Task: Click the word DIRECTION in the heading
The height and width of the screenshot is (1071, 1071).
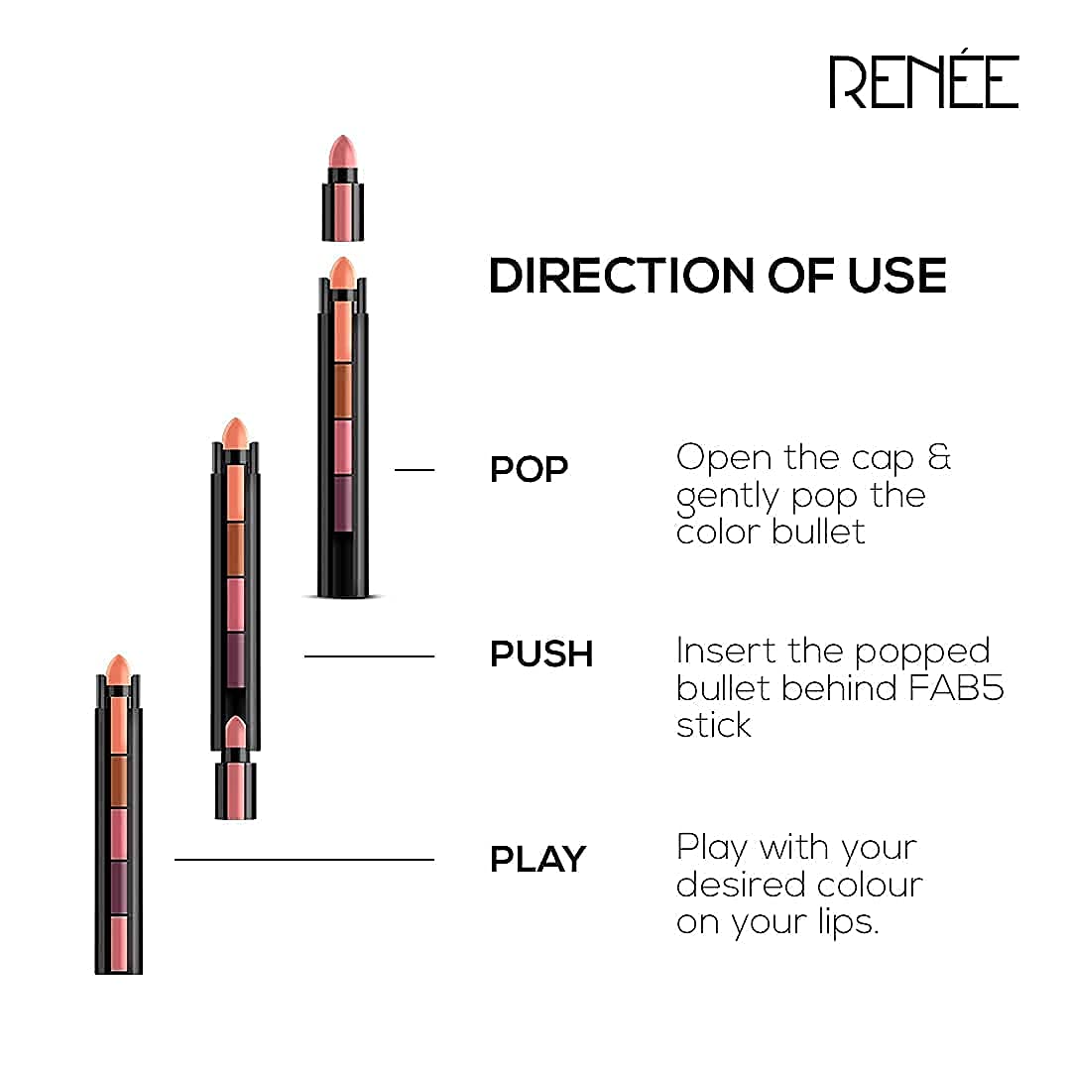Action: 621,276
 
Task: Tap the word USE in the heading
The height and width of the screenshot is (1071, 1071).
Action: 896,276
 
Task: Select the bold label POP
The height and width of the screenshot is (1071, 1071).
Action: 529,469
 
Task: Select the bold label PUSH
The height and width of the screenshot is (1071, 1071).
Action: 541,654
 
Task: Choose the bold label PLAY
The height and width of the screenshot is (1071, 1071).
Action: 538,859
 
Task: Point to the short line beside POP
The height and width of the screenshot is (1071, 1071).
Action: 415,470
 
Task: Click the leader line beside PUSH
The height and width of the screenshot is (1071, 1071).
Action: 370,656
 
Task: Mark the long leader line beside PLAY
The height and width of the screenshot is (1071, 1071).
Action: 304,859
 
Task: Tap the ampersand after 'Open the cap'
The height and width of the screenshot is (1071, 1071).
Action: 939,456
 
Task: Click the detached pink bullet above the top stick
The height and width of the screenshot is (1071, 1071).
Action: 343,187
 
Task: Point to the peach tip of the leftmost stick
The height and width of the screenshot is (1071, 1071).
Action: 118,669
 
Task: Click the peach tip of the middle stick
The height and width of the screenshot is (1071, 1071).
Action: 236,433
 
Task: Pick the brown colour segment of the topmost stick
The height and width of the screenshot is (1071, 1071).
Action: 343,391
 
